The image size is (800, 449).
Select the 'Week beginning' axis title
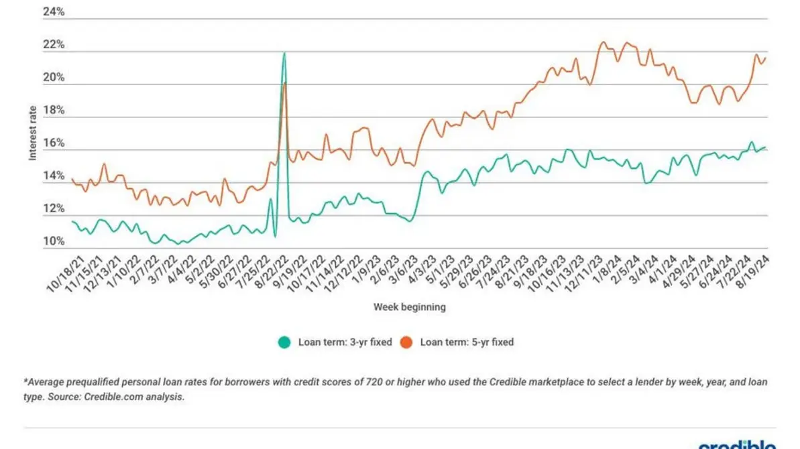tap(409, 308)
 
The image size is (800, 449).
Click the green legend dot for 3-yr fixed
tap(284, 342)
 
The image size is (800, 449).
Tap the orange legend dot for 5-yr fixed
tap(406, 342)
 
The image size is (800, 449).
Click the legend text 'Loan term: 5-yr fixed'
tap(467, 342)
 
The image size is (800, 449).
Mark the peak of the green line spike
tap(284, 53)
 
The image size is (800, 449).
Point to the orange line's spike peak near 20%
tap(285, 83)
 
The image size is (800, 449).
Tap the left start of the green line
tap(72, 222)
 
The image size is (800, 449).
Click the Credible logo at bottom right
tap(737, 444)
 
